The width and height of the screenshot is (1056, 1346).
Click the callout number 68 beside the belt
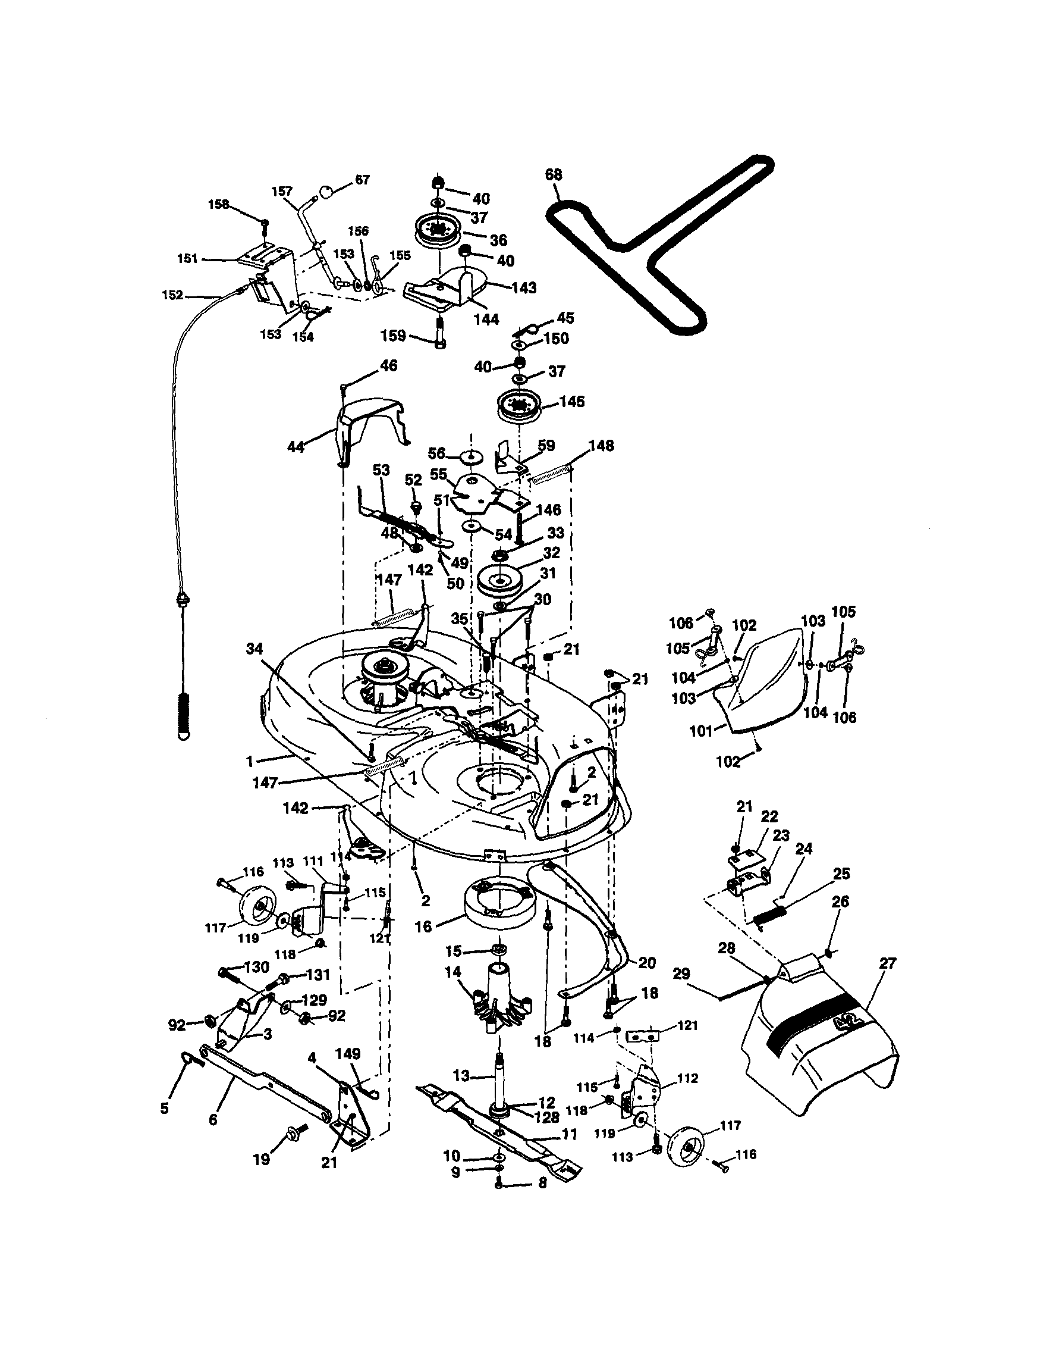pos(554,175)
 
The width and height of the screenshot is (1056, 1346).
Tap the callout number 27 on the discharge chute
pos(887,963)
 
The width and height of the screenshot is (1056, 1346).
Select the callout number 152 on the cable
pos(172,295)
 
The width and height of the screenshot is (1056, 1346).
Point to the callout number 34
pos(254,649)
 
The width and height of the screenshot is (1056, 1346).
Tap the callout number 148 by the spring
pos(601,445)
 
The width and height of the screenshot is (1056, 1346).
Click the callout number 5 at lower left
pos(164,1109)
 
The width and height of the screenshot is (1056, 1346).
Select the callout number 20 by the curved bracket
pos(646,963)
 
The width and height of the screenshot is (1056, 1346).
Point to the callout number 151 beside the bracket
pos(187,259)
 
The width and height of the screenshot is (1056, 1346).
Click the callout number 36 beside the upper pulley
pos(498,239)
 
